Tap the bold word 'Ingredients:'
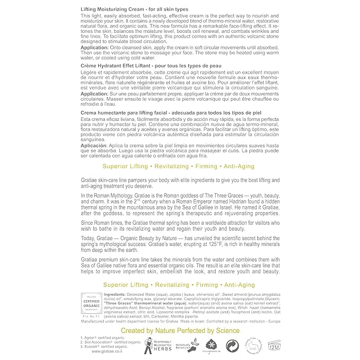(x=118, y=294)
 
